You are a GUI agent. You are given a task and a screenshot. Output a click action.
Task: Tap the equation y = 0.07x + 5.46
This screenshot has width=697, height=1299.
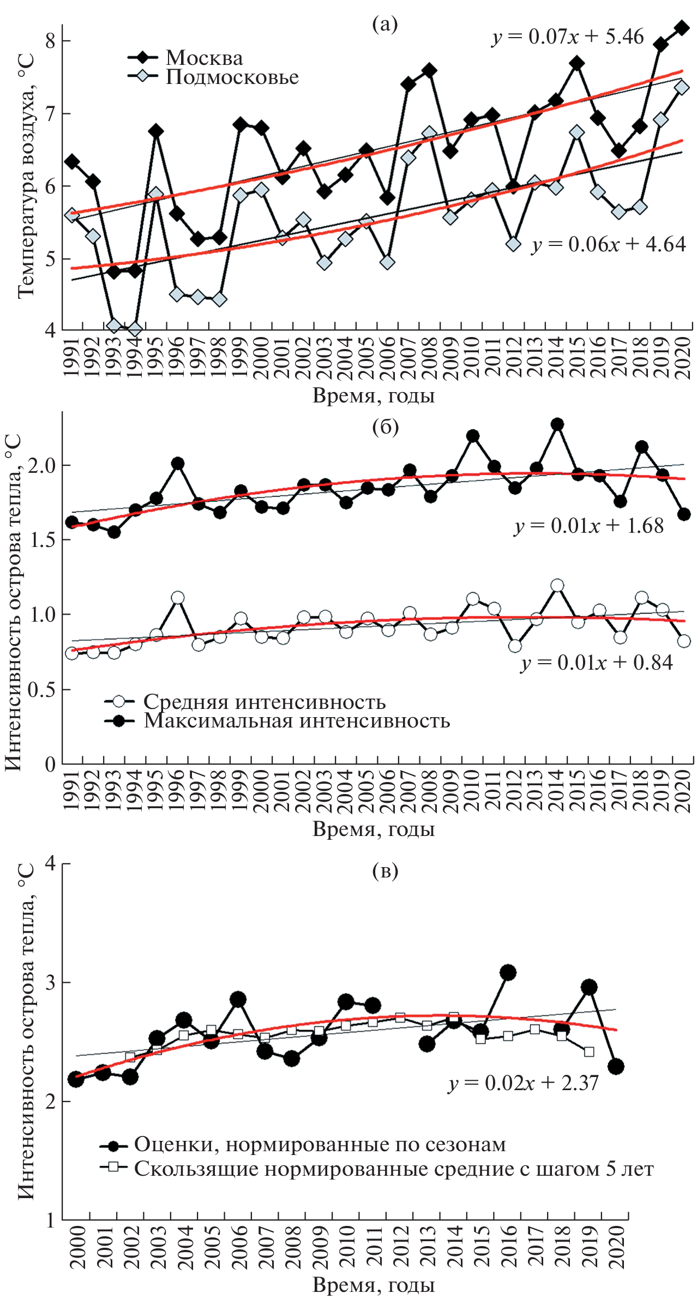coord(568,37)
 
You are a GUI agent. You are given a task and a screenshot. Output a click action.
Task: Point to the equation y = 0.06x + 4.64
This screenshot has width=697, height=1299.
coord(609,244)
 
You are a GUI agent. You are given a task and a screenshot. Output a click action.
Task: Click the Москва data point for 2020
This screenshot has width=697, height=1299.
coord(682,28)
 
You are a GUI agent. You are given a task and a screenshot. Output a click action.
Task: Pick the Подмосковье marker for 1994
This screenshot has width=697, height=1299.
coord(135,329)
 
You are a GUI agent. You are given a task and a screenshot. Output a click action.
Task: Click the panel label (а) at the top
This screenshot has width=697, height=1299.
coord(385,24)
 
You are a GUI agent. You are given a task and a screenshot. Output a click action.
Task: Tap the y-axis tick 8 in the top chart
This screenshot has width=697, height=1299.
coord(50,41)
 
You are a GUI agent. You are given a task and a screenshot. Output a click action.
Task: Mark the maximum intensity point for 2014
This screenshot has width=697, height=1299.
coord(557,424)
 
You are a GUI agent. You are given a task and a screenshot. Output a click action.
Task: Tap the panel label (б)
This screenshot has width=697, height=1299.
coord(385,428)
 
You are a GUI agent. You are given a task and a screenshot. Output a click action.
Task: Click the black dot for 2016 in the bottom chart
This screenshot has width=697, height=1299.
coord(508,972)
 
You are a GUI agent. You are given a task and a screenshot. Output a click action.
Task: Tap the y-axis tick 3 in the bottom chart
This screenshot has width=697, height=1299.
coord(50,983)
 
